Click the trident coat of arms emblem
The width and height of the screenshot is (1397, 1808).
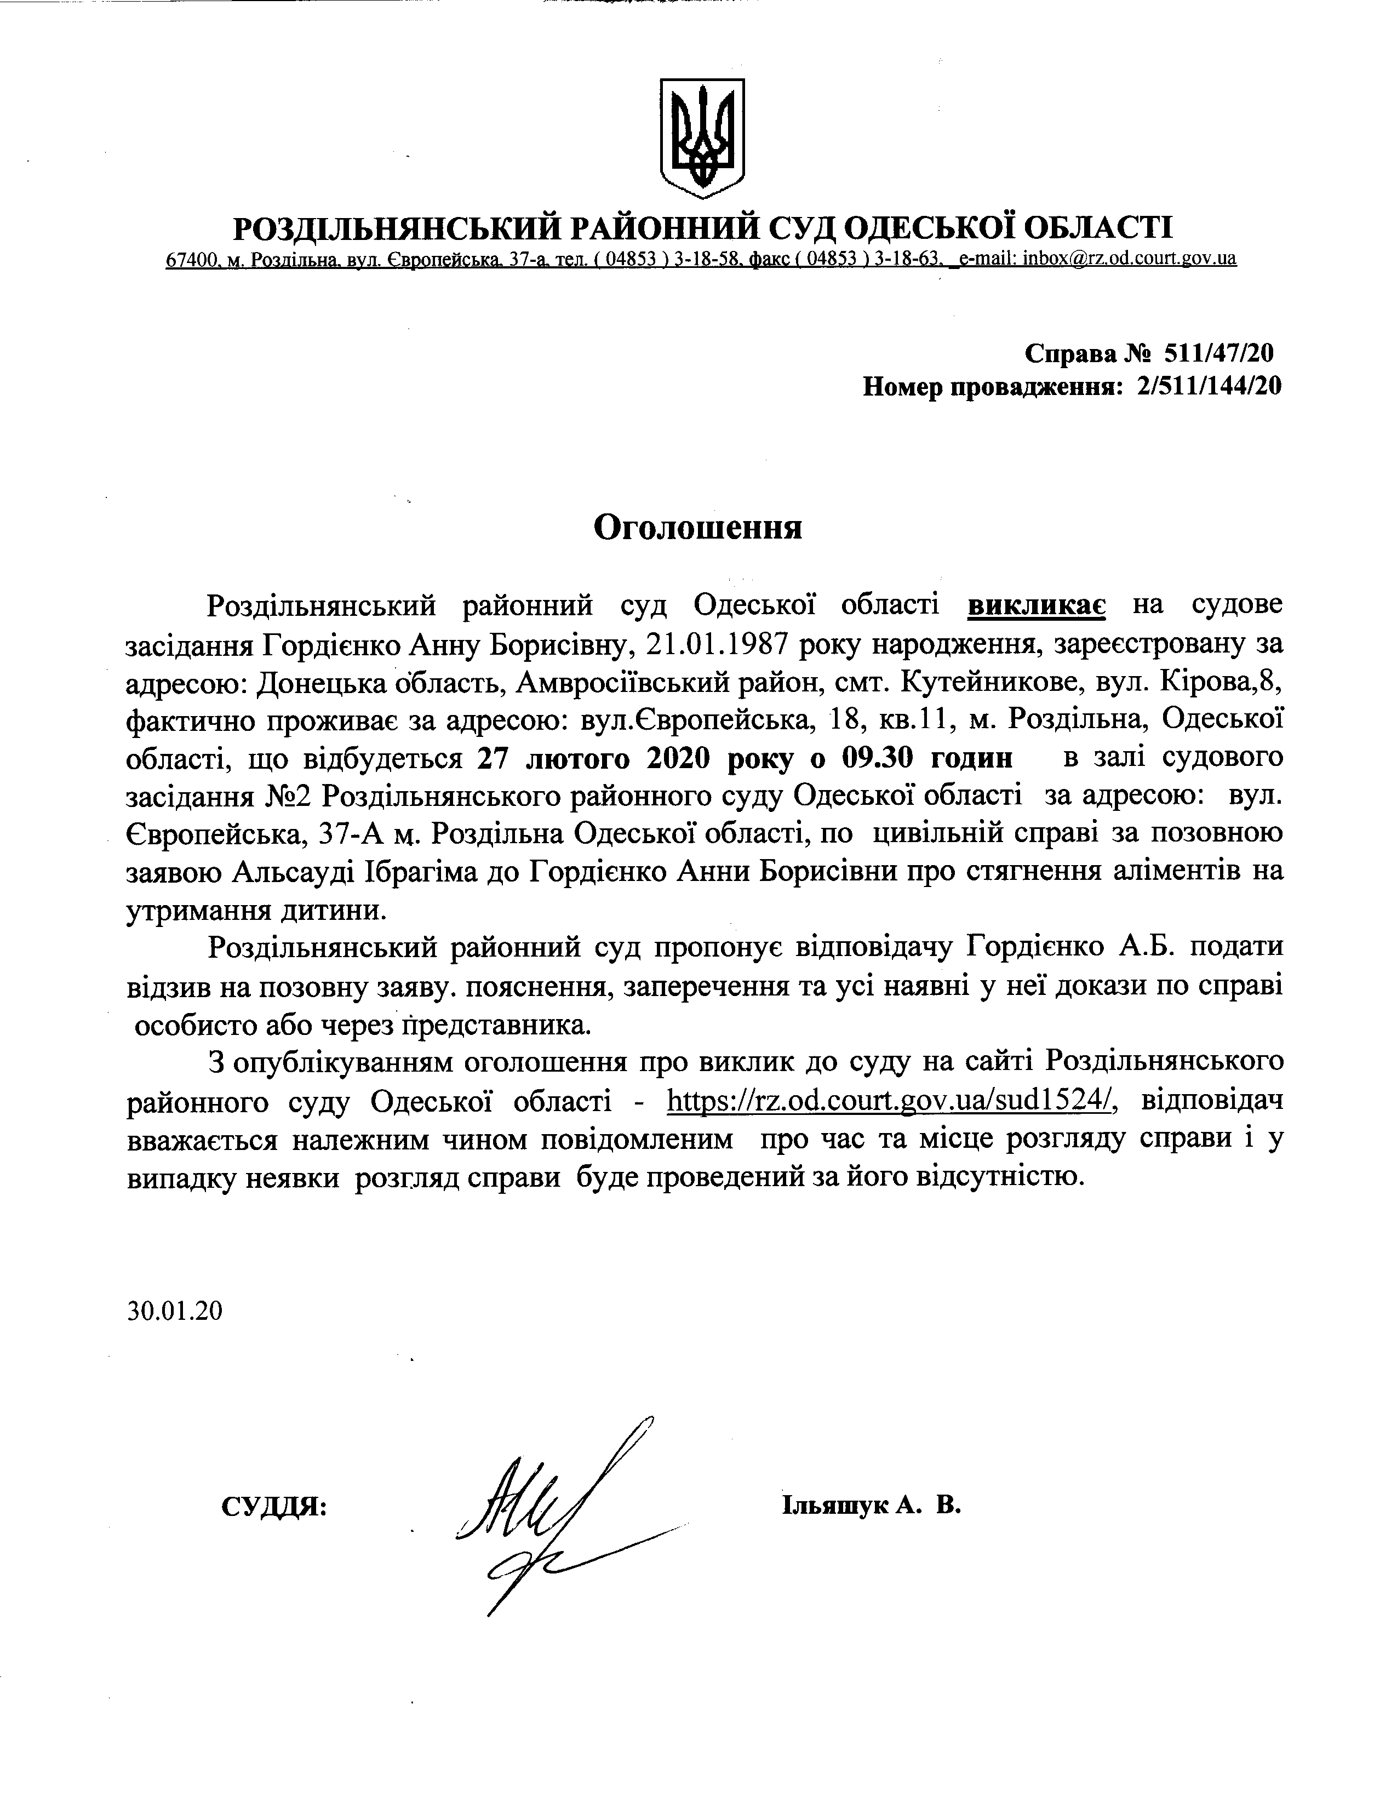click(x=702, y=138)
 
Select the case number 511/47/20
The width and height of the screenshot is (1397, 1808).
click(x=1218, y=353)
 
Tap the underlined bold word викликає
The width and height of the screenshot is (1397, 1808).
click(x=1036, y=605)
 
